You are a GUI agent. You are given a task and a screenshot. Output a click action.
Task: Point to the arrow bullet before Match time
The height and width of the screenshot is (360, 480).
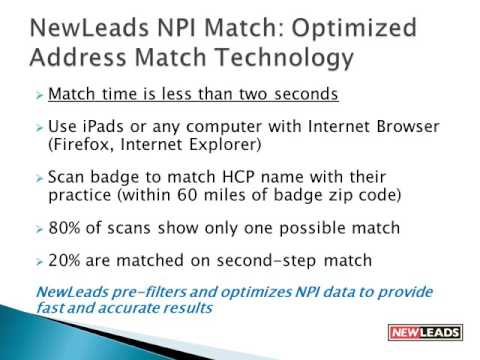click(x=39, y=96)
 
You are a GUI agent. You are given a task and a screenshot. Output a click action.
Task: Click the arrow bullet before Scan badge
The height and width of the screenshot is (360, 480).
click(x=39, y=176)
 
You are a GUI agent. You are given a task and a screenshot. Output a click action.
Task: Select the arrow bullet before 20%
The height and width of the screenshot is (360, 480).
click(x=39, y=261)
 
